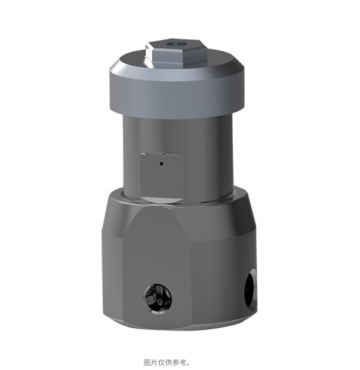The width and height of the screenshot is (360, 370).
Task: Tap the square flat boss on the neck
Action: point(159,170)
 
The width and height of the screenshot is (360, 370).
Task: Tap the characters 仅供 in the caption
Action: point(165,362)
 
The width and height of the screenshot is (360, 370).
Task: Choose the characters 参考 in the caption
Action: point(179,362)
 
